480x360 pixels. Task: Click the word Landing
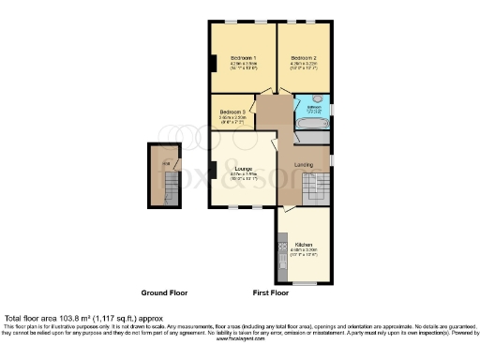303,165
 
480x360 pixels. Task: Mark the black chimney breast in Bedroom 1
213,64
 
